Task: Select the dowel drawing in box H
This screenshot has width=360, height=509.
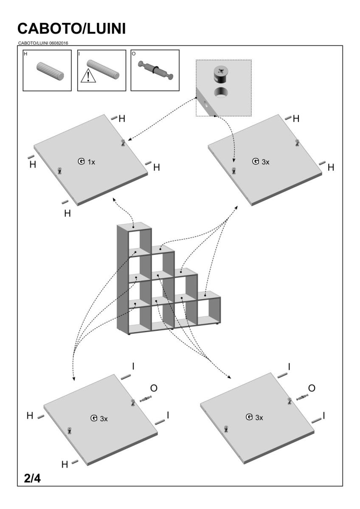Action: [x=50, y=71]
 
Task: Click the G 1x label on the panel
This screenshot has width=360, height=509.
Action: [x=87, y=162]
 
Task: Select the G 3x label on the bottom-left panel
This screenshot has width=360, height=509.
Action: [x=99, y=418]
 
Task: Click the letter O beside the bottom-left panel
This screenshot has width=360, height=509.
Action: [x=155, y=389]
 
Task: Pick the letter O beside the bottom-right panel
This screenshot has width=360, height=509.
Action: [x=311, y=389]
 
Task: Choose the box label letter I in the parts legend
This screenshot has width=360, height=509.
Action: [x=80, y=54]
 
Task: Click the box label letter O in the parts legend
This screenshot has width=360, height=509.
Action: [x=134, y=54]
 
